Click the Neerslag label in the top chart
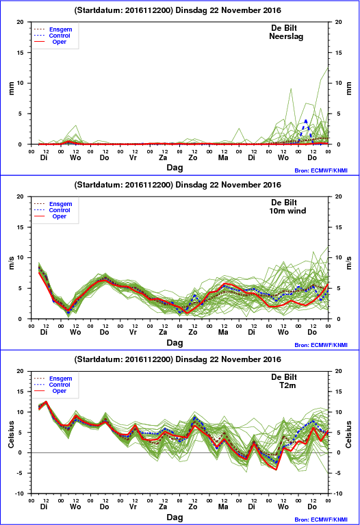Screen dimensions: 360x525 tap(286, 36)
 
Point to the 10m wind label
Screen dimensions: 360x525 tap(287, 211)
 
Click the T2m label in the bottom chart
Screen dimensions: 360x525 tap(287, 385)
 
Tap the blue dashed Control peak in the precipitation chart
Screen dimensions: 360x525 tap(306, 120)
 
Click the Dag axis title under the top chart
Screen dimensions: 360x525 tap(175, 168)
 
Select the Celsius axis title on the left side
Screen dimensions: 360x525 tap(11, 434)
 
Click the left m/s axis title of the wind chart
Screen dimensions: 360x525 tap(11, 263)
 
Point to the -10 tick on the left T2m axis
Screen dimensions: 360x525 tap(20, 494)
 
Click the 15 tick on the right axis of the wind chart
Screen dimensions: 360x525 tap(339, 227)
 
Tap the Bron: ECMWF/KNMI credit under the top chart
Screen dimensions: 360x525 tap(321, 170)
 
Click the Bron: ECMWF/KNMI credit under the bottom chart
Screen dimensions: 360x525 tap(321, 520)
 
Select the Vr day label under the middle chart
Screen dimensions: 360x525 tap(133, 332)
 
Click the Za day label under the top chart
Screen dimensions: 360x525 tap(163, 157)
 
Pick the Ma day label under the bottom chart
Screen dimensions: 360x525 tap(223, 507)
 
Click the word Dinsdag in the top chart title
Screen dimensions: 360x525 tap(191, 10)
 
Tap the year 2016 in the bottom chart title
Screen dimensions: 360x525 tap(272, 359)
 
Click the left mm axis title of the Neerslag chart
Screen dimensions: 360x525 tap(11, 88)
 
